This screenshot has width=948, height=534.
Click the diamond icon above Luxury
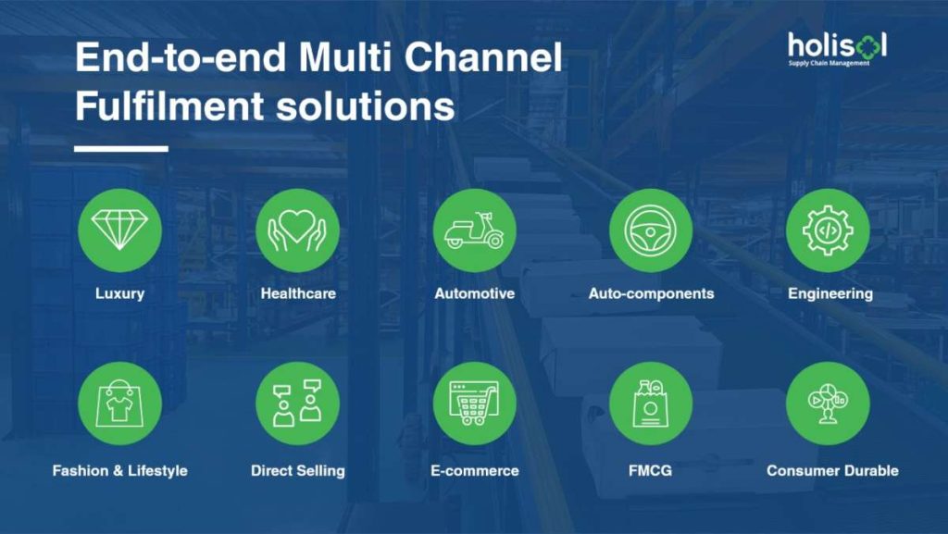119,230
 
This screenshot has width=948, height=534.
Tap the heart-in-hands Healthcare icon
297,230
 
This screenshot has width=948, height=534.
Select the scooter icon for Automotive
475,230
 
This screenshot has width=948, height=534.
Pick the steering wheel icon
651,230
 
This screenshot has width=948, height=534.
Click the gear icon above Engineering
828,230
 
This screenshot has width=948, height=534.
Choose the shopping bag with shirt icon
119,404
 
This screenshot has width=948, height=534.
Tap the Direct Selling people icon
297,404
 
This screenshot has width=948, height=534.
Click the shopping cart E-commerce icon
475,404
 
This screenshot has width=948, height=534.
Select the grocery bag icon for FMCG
651,404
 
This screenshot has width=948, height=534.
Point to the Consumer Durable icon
828,404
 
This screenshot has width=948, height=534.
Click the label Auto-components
651,293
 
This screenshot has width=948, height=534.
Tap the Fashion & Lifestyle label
119,470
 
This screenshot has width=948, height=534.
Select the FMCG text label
650,470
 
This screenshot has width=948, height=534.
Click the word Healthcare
298,293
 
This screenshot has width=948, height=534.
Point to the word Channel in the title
483,57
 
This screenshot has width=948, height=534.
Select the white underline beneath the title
121,149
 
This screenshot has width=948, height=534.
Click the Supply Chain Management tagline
829,63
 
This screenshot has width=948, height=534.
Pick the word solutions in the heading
365,106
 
